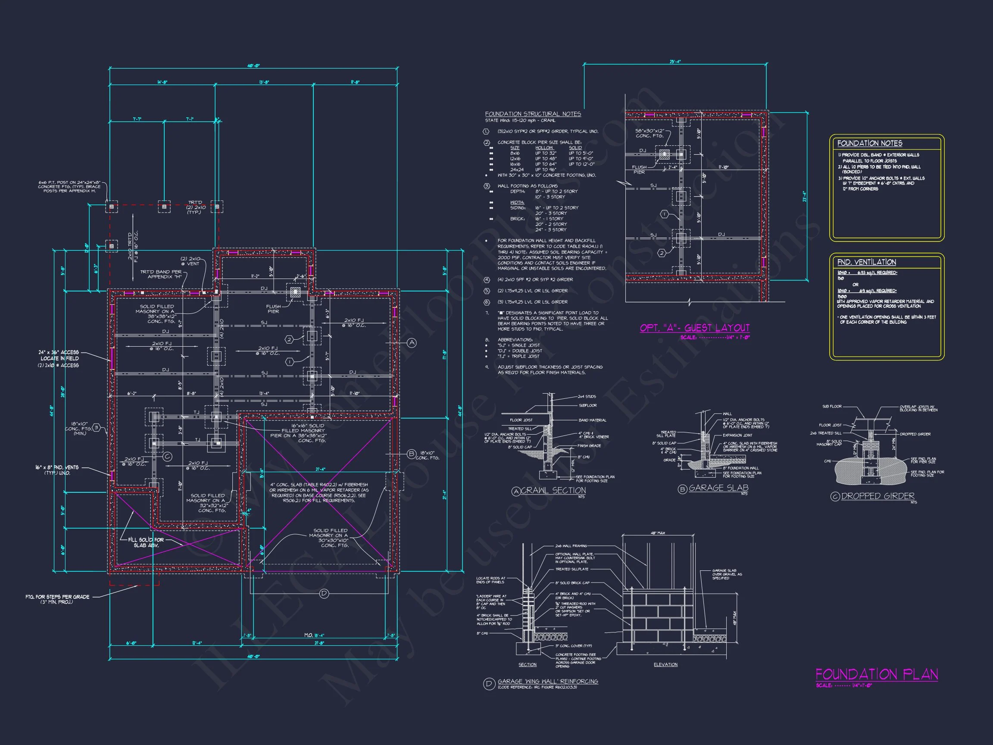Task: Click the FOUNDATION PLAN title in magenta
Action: tap(876, 674)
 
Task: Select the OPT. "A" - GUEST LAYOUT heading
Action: tap(694, 328)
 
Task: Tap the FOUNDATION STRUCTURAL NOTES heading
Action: tap(533, 114)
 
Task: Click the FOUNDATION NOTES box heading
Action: tap(870, 143)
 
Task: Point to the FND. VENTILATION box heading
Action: tap(866, 262)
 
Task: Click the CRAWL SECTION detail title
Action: tap(553, 490)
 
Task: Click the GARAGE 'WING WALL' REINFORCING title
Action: tap(548, 681)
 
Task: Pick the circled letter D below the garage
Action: tap(324, 594)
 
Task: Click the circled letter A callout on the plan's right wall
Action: tap(412, 343)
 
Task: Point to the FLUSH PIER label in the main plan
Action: tap(273, 309)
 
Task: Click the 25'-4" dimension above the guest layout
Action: tap(675, 62)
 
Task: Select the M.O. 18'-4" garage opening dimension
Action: tap(314, 635)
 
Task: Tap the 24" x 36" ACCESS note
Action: tap(58, 355)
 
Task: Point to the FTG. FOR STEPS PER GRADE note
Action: tap(57, 598)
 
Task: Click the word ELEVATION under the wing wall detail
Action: tap(665, 665)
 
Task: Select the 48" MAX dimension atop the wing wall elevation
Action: tap(658, 533)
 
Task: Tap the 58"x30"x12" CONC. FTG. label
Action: tap(650, 133)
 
